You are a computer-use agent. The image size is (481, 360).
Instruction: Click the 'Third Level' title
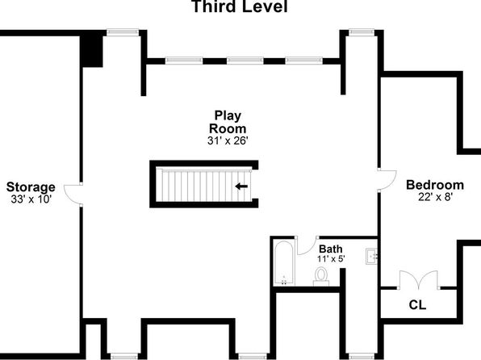pyautogui.click(x=240, y=6)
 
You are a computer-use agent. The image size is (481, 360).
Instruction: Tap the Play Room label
pyautogui.click(x=228, y=122)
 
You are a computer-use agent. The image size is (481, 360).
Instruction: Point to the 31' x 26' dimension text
pyautogui.click(x=228, y=140)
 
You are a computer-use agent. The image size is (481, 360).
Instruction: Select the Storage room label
pyautogui.click(x=31, y=187)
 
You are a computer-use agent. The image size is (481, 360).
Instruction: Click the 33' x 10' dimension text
pyautogui.click(x=31, y=199)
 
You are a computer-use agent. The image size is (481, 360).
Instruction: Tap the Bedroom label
pyautogui.click(x=435, y=185)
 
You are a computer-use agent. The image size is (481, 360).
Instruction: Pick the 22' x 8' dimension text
pyautogui.click(x=435, y=197)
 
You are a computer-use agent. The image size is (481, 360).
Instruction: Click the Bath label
pyautogui.click(x=331, y=249)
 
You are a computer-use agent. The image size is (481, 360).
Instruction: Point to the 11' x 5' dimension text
pyautogui.click(x=331, y=259)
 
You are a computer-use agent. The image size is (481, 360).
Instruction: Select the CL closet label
pyautogui.click(x=417, y=305)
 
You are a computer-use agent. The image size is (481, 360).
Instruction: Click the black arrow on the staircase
pyautogui.click(x=241, y=186)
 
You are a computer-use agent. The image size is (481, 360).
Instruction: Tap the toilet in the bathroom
pyautogui.click(x=321, y=276)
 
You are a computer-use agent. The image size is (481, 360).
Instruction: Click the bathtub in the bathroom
pyautogui.click(x=284, y=263)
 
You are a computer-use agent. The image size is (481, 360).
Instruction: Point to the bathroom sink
pyautogui.click(x=372, y=257)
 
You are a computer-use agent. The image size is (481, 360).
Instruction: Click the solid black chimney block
pyautogui.click(x=91, y=51)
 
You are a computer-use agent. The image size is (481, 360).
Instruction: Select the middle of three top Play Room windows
pyautogui.click(x=245, y=61)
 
